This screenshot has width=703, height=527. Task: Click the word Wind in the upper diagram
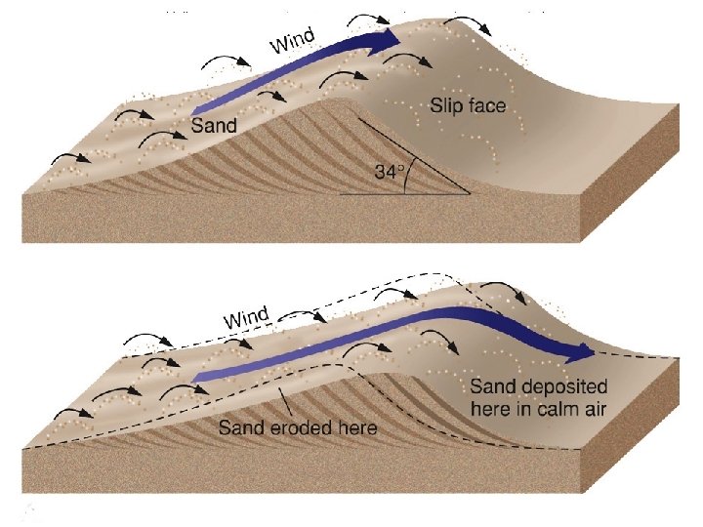click(293, 42)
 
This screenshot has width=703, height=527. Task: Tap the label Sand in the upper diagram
click(213, 126)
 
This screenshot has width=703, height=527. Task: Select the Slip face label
click(468, 105)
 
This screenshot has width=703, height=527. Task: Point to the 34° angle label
click(389, 172)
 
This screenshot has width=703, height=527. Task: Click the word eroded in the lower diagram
click(292, 427)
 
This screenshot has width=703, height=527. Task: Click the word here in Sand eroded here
click(352, 427)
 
